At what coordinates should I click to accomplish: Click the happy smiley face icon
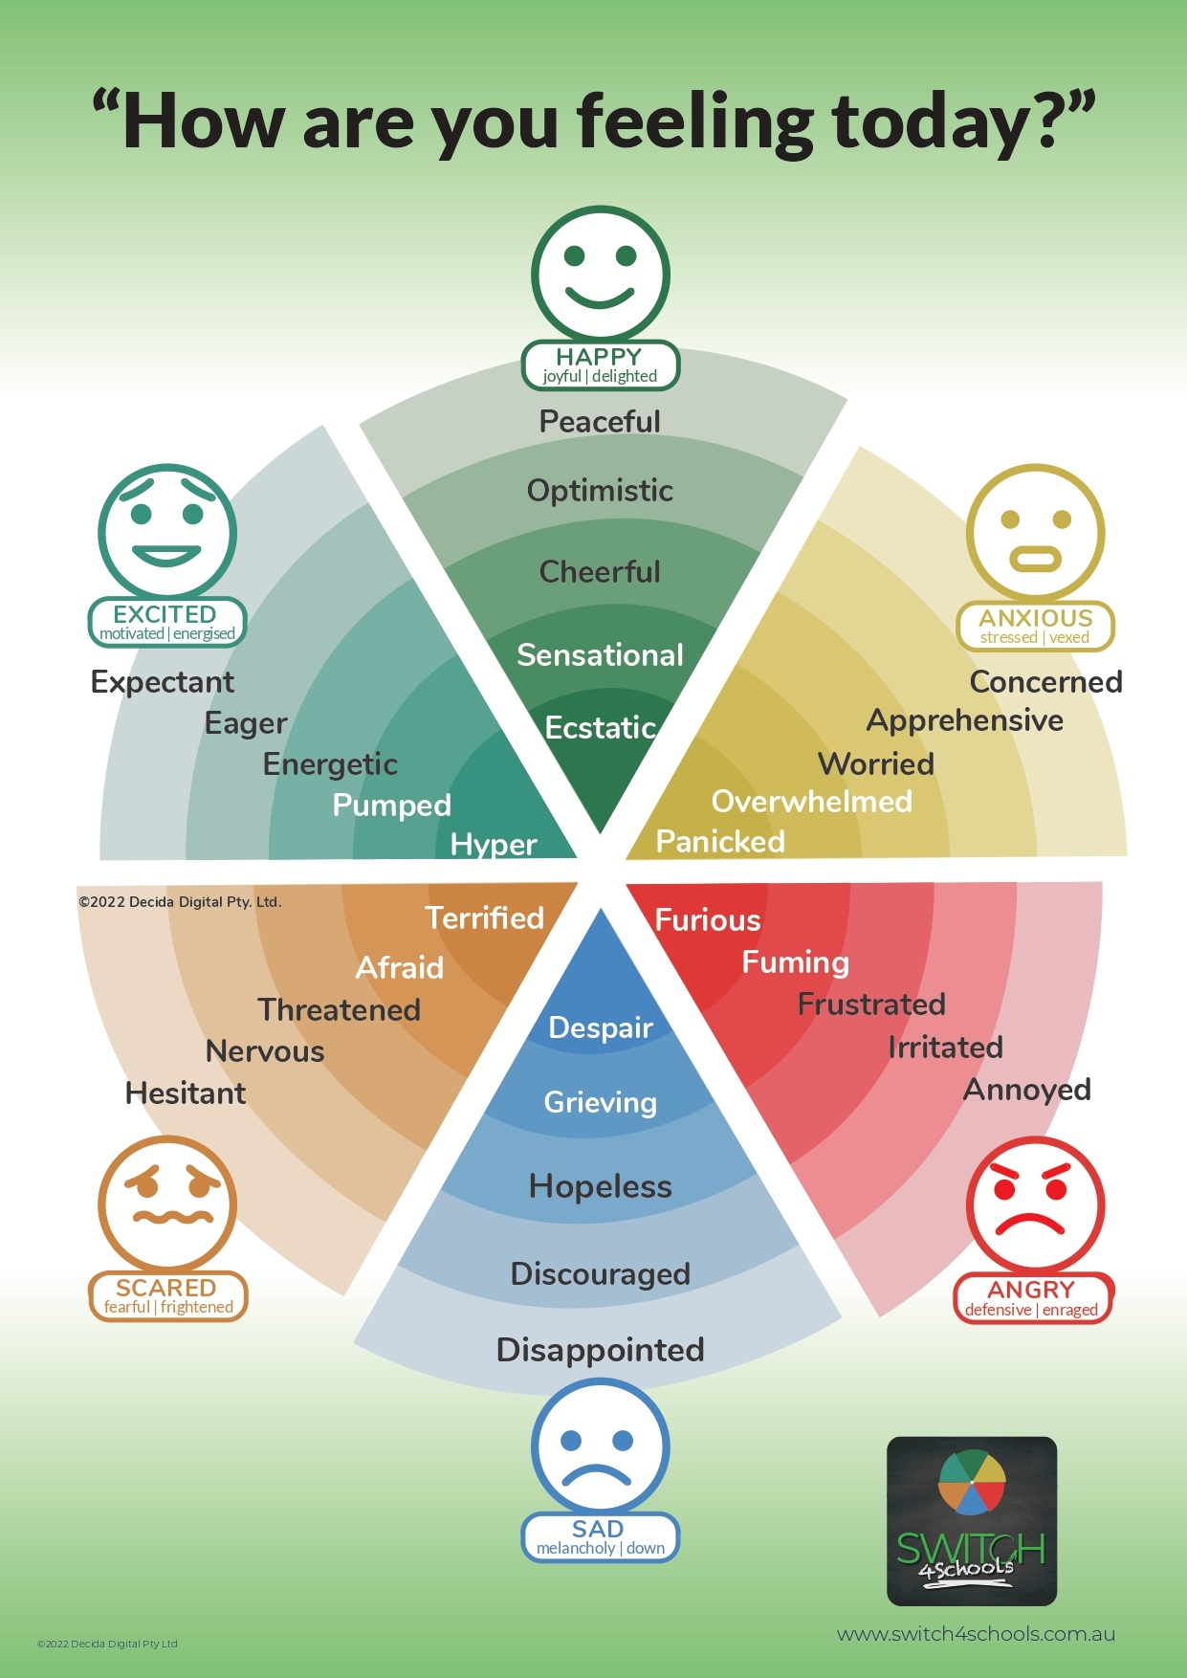pyautogui.click(x=601, y=275)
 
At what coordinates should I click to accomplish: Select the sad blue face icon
pyautogui.click(x=601, y=1446)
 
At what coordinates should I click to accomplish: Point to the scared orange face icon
pyautogui.click(x=167, y=1204)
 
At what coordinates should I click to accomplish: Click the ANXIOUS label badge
pyautogui.click(x=1035, y=627)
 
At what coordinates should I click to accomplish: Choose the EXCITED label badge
pyautogui.click(x=167, y=623)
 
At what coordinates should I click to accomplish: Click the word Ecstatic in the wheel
pyautogui.click(x=601, y=728)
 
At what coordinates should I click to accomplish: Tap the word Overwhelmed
pyautogui.click(x=811, y=802)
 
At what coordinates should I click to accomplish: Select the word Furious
pyautogui.click(x=708, y=920)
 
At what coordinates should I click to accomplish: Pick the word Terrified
pyautogui.click(x=484, y=918)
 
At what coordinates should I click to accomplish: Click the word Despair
pyautogui.click(x=601, y=1027)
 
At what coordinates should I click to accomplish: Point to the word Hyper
pyautogui.click(x=494, y=845)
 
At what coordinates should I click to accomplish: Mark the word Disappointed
pyautogui.click(x=601, y=1350)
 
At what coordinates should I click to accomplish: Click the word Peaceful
pyautogui.click(x=600, y=422)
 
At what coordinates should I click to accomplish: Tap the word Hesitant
pyautogui.click(x=186, y=1093)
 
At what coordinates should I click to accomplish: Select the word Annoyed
pyautogui.click(x=1027, y=1090)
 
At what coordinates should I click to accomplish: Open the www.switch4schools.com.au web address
pyautogui.click(x=976, y=1634)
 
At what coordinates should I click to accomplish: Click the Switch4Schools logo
pyautogui.click(x=972, y=1521)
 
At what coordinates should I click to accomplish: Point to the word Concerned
pyautogui.click(x=1045, y=682)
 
